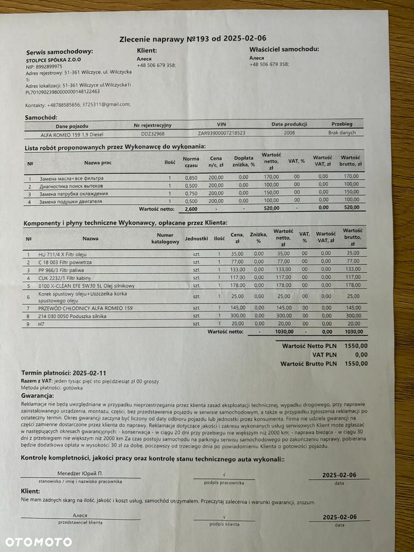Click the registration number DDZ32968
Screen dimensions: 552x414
pyautogui.click(x=152, y=134)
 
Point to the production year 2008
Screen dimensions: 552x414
pyautogui.click(x=289, y=133)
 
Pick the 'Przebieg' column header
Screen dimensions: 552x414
pyautogui.click(x=341, y=124)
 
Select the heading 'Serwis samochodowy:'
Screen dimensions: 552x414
pyautogui.click(x=60, y=52)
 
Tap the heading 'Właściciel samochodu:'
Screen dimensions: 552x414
pyautogui.click(x=284, y=49)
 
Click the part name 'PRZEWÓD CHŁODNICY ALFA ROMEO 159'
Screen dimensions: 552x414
pyautogui.click(x=85, y=307)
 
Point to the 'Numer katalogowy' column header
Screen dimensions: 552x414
pyautogui.click(x=165, y=238)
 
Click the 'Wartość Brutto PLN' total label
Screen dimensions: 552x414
pyautogui.click(x=308, y=364)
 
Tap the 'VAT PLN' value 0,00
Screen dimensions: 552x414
pyautogui.click(x=361, y=355)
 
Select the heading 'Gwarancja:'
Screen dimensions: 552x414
pyautogui.click(x=38, y=396)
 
